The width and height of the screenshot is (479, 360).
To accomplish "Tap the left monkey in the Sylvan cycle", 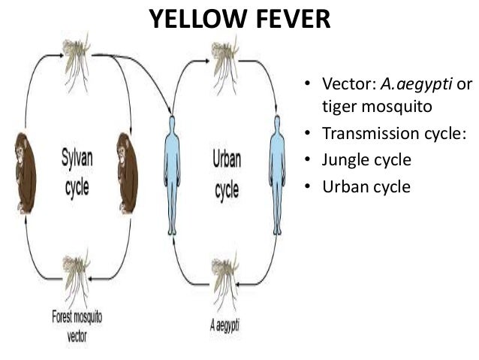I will coord(24,173).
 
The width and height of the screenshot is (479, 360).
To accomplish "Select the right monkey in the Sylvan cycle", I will coord(127,173).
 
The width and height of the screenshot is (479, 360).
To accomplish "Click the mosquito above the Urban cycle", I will coord(226,53).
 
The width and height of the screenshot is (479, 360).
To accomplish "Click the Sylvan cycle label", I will coord(77,173).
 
